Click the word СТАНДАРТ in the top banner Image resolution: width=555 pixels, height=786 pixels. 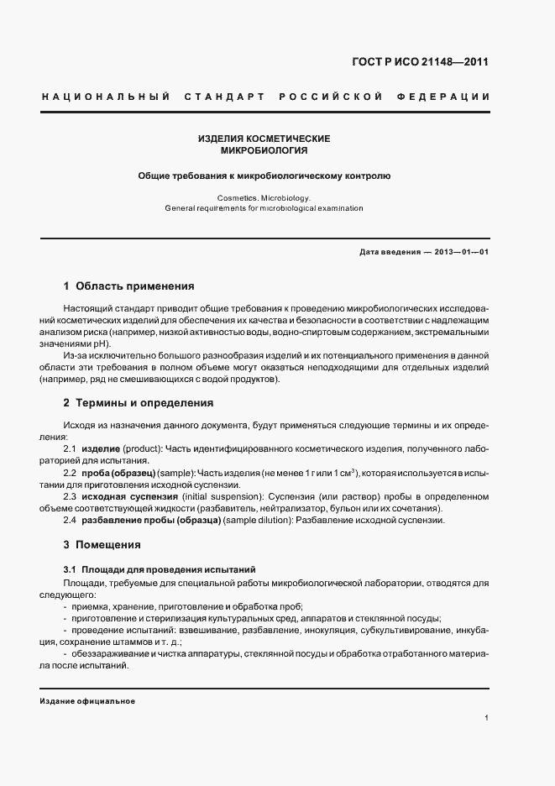[x=219, y=97]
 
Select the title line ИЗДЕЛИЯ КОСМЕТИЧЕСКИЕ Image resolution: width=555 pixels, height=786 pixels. [x=264, y=139]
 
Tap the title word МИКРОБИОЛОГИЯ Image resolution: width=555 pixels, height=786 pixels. [x=264, y=151]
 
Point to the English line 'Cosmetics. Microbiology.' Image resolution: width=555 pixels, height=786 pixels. [x=264, y=197]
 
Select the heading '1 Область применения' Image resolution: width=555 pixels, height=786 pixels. [x=128, y=286]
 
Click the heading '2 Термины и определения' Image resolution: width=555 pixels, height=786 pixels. [x=139, y=403]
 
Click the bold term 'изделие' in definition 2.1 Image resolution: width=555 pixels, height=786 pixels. [x=101, y=450]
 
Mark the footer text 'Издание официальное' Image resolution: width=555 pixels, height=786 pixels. [x=87, y=701]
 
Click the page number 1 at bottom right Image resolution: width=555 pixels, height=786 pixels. [x=487, y=718]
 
